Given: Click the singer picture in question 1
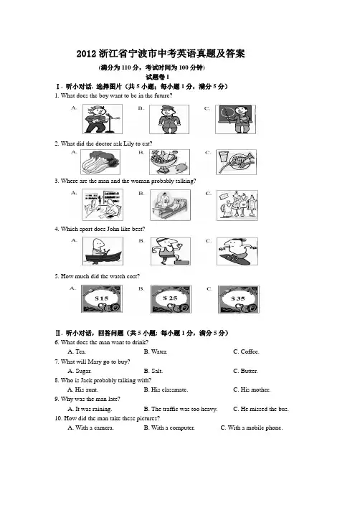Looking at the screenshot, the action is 103,119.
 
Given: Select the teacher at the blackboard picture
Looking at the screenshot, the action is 235,119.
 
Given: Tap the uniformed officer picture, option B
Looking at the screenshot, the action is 169,119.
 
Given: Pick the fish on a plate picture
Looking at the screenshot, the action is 237,162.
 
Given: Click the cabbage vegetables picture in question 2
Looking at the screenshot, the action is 100,162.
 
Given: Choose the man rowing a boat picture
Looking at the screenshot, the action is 103,251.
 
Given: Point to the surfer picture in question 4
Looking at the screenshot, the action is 237,251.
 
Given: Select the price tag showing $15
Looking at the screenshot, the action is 102,298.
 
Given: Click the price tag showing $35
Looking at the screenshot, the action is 239,299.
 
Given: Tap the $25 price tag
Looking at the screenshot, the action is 171,299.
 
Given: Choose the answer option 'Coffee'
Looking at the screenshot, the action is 246,351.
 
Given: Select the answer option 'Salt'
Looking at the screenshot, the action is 153,371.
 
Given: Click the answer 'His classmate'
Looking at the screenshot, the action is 166,389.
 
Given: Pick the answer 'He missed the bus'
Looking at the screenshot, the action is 261,409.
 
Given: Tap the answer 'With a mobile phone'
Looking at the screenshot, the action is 252,428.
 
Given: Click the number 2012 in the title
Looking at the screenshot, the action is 87,54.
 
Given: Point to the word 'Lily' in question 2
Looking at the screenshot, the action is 128,143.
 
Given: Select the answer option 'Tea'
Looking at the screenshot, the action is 77,351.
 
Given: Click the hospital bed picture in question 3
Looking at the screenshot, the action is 170,205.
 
